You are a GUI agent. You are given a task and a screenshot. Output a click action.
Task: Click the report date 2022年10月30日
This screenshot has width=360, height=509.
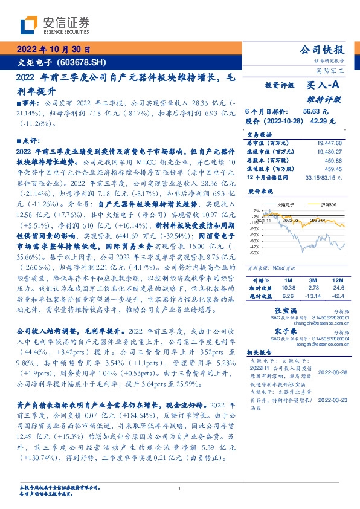(54, 50)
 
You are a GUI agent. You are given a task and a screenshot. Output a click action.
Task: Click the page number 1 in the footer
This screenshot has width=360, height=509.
(179, 489)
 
